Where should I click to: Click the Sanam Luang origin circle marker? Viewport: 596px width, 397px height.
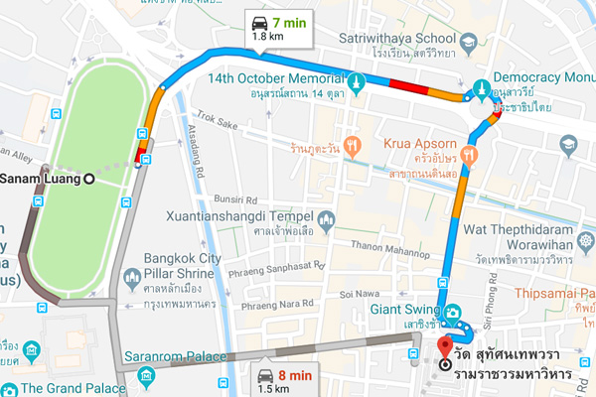[x=89, y=179]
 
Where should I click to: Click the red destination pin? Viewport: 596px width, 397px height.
[x=443, y=349]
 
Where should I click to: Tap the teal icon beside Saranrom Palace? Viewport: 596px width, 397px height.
[x=146, y=376]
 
